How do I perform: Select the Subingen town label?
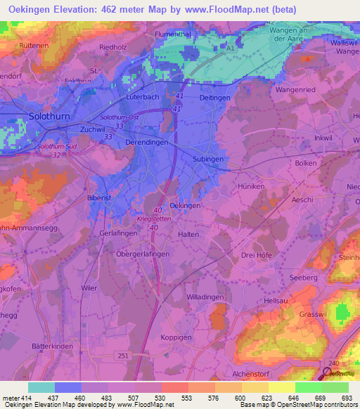(x=208, y=160)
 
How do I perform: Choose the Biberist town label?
(x=98, y=199)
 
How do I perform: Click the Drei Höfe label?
(x=257, y=256)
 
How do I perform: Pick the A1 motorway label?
(x=231, y=48)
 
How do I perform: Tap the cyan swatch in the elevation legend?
(x=41, y=387)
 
